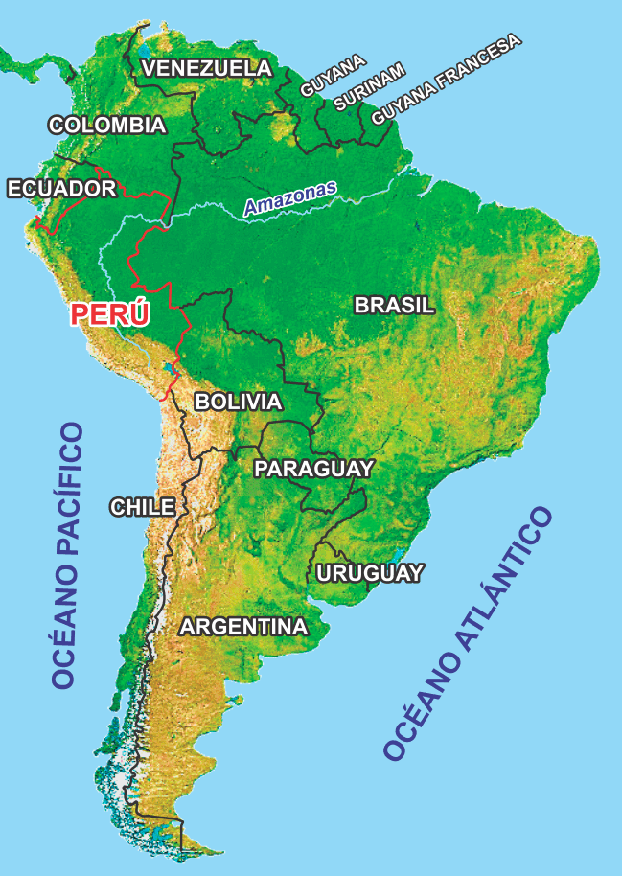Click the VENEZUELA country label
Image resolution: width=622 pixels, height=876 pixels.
tap(207, 68)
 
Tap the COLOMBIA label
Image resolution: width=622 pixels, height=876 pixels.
tap(107, 126)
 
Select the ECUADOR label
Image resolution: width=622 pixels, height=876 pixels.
tap(61, 188)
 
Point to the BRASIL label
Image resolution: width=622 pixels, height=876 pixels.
tap(395, 306)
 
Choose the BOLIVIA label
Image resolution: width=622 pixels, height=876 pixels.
tap(238, 402)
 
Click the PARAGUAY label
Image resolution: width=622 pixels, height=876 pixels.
tap(312, 469)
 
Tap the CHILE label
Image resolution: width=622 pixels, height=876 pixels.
tap(142, 507)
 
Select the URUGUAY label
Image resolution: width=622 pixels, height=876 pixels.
tap(369, 573)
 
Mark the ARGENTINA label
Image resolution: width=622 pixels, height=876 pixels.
tap(244, 627)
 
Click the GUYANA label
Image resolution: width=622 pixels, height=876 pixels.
tap(333, 75)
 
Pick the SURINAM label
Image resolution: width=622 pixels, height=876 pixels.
tap(370, 88)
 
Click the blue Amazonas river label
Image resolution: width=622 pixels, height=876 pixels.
tap(289, 197)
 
